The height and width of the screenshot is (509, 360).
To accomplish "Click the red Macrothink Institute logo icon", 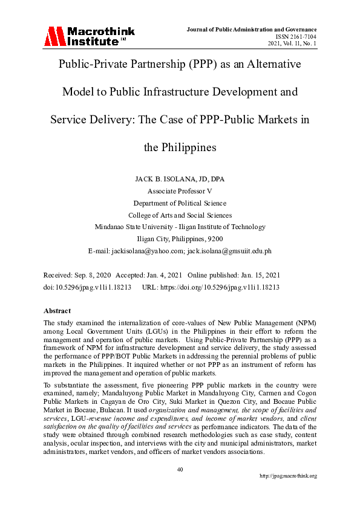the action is click(x=53, y=37).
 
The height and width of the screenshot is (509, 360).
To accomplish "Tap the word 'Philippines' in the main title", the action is click(x=180, y=147).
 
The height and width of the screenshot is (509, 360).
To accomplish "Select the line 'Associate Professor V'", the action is click(x=180, y=190).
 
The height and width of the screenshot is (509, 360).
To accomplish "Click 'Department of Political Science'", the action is click(x=180, y=203).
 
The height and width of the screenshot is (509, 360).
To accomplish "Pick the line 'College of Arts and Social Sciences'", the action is click(x=180, y=215).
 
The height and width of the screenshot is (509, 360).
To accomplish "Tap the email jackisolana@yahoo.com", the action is click(x=149, y=250).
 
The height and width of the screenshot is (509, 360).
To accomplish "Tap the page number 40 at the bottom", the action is click(x=180, y=468).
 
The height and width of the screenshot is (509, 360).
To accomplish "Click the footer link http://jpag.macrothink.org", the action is click(x=288, y=476).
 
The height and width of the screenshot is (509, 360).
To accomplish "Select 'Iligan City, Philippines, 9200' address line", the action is click(x=180, y=239).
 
